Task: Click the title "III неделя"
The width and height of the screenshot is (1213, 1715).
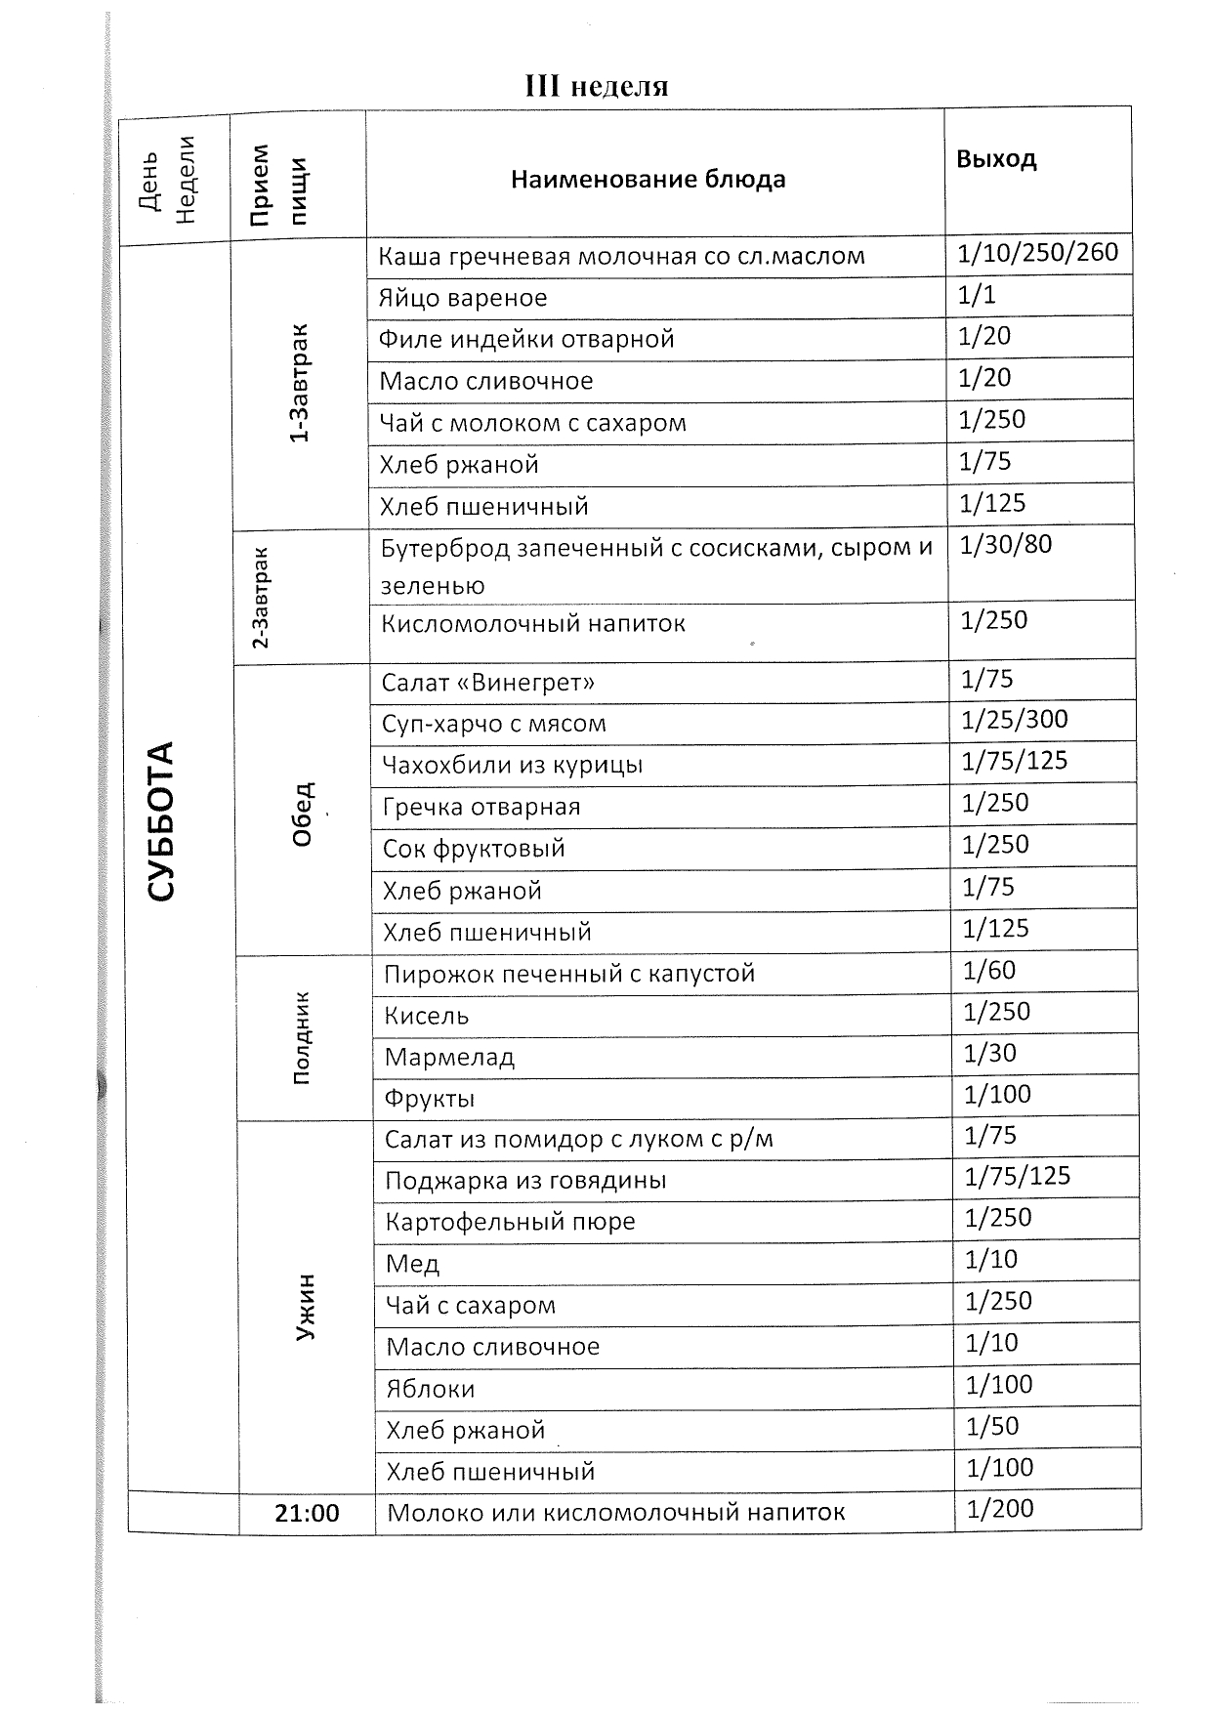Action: point(597,87)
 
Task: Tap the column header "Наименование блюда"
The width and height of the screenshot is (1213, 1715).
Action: point(648,180)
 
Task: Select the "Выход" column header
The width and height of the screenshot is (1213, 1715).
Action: point(996,159)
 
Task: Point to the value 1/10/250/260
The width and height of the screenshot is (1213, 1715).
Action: point(1037,253)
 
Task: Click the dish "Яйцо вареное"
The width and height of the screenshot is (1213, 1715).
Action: point(463,298)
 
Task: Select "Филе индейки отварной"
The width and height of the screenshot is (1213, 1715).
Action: point(526,340)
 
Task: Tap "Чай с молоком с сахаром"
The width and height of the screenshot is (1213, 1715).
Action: point(532,423)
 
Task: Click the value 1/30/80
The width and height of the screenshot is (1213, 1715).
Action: point(1006,544)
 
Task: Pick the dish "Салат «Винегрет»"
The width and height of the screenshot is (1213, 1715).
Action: point(488,682)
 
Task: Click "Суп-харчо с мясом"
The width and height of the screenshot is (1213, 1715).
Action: point(494,724)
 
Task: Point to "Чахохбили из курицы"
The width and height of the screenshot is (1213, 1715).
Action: point(513,765)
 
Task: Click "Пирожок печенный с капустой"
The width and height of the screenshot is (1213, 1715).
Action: point(569,974)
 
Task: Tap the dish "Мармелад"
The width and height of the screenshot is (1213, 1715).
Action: point(449,1057)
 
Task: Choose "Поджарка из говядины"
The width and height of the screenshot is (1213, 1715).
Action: point(525,1181)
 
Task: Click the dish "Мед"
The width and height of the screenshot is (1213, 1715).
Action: point(412,1264)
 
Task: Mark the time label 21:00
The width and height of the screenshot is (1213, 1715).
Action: point(307,1513)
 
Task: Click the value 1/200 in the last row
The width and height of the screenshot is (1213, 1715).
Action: point(1000,1509)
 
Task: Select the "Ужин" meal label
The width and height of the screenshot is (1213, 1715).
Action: point(306,1307)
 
